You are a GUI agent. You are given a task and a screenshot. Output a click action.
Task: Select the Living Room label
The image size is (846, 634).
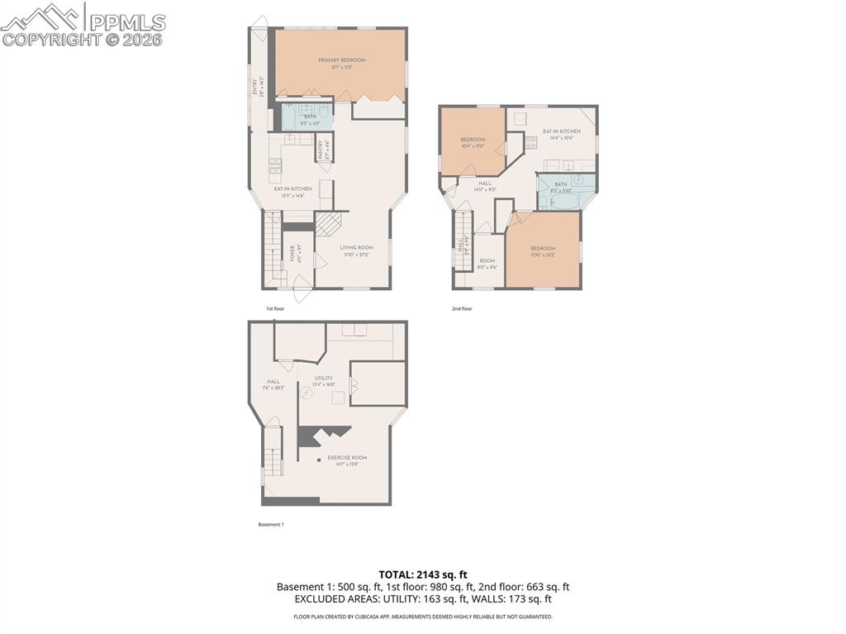356,250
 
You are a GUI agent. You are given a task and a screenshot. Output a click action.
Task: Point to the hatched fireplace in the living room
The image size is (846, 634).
329,224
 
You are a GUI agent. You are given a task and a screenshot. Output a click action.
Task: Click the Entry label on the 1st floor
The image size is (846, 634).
258,88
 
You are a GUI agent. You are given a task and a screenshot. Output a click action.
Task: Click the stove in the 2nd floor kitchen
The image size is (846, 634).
530,143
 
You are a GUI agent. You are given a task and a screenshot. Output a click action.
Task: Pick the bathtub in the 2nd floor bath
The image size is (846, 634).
565,200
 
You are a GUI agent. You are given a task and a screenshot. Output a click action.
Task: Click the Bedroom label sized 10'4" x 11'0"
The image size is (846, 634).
472,142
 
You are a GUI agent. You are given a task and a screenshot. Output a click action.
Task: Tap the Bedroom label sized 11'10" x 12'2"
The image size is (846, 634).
542,251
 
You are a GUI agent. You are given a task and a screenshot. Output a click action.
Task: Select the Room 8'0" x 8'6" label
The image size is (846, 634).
487,264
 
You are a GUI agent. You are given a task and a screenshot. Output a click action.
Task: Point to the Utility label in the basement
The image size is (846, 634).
322,381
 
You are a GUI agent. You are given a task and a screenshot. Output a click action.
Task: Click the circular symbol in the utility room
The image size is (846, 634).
306,393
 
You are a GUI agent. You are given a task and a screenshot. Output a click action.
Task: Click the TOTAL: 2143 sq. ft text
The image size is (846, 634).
423,574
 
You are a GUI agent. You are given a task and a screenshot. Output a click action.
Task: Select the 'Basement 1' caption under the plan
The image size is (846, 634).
271,524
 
